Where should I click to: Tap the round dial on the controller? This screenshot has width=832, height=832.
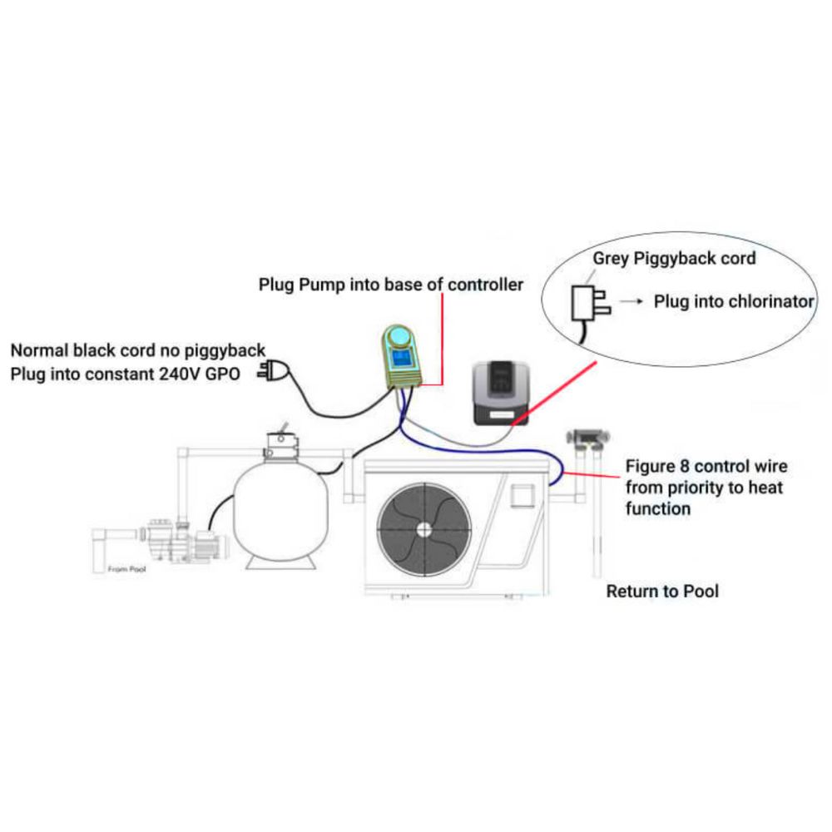click(x=399, y=337)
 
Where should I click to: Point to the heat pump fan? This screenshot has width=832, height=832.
click(x=423, y=527)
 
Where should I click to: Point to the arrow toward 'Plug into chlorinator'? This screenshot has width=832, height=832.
click(x=634, y=302)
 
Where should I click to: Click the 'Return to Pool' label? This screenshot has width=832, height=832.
click(x=662, y=592)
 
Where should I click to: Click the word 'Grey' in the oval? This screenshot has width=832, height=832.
click(x=611, y=259)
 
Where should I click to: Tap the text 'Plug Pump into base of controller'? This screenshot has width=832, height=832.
click(x=391, y=285)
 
